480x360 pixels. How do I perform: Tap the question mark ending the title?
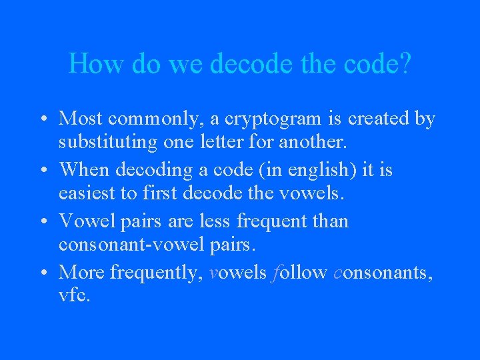(405, 64)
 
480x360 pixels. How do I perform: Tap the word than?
(331, 221)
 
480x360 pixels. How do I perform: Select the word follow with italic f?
(299, 272)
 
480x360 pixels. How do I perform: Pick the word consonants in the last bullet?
(383, 273)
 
